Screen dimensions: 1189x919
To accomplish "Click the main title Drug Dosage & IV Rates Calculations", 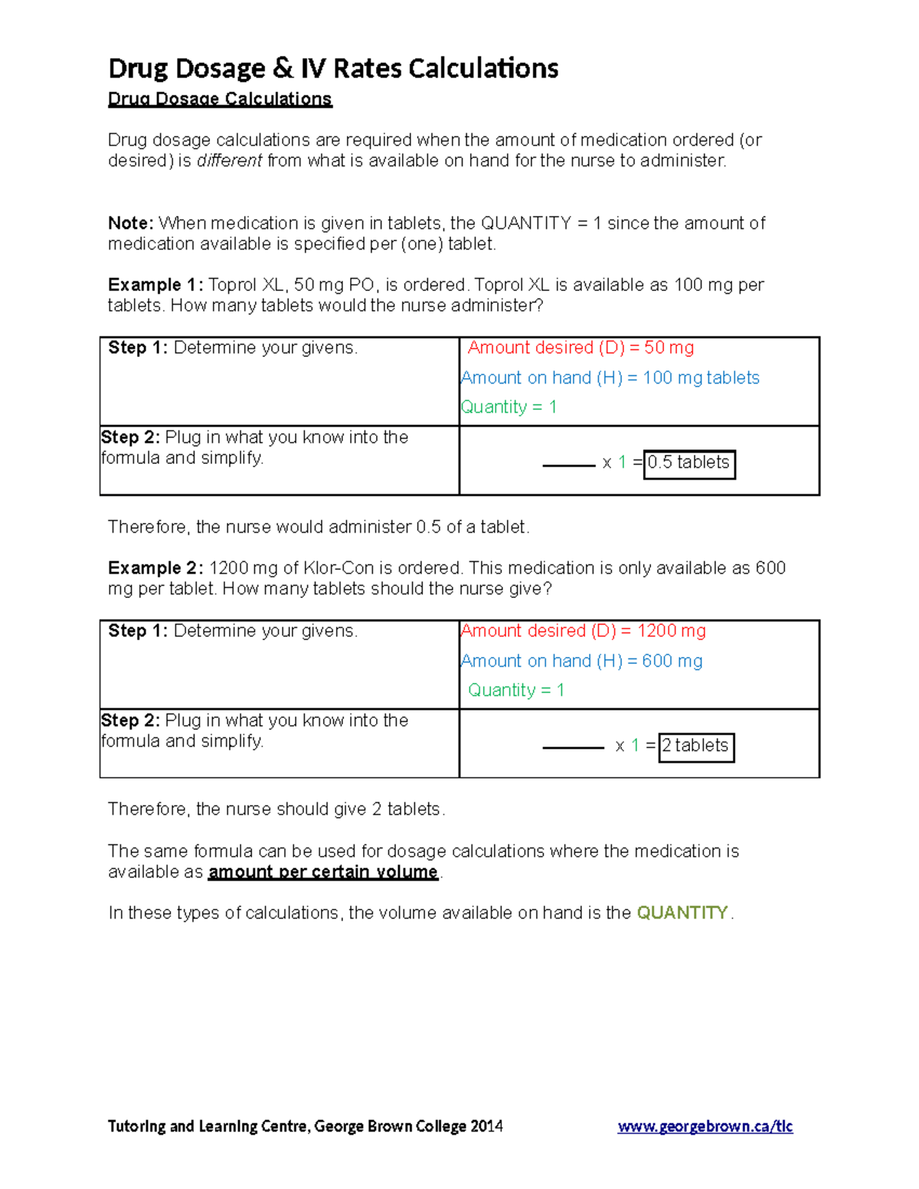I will click(333, 68).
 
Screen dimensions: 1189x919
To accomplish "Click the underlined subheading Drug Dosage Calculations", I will click(220, 99).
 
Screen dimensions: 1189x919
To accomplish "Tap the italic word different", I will click(229, 161).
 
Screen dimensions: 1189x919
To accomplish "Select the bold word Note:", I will click(131, 224).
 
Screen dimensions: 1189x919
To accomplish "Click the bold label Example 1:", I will click(155, 285).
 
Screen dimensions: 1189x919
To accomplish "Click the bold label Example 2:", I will click(155, 568).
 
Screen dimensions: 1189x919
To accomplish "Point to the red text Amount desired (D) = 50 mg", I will click(581, 348).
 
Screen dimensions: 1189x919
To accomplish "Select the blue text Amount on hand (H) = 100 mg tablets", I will click(610, 378).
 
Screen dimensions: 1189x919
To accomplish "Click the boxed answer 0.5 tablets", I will click(689, 463).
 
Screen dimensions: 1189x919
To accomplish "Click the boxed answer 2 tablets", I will click(695, 746).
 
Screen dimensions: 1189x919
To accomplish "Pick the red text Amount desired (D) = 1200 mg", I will click(584, 631).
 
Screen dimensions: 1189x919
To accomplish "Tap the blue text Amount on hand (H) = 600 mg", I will click(582, 661).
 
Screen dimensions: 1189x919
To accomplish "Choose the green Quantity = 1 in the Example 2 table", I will click(516, 691).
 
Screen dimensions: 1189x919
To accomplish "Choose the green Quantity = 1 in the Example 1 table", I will click(509, 407).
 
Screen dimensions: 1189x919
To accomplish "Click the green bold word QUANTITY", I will click(682, 913).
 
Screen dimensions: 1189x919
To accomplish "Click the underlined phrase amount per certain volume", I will click(323, 872).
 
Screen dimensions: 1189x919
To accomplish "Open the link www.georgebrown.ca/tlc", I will click(705, 1126).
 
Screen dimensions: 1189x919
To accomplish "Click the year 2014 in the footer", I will click(486, 1126).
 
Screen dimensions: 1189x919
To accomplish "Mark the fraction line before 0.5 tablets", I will click(568, 465).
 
